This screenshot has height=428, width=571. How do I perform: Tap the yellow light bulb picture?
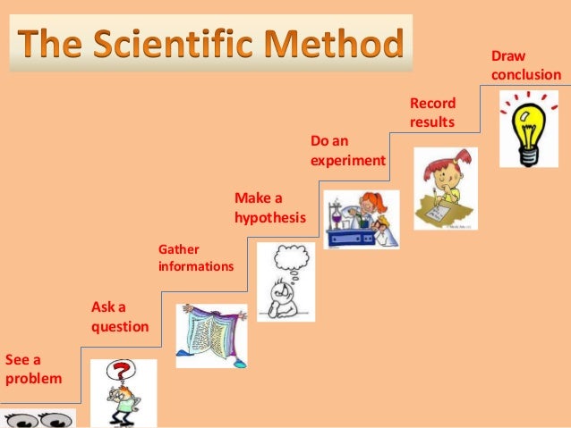(527, 132)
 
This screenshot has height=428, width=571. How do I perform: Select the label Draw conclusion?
(526, 65)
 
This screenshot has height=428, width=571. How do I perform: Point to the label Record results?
(432, 112)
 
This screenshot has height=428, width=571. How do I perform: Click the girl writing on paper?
(444, 189)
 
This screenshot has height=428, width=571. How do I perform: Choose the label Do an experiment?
(347, 151)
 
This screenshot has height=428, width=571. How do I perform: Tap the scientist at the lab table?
(360, 219)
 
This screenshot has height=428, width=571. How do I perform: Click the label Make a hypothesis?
(269, 206)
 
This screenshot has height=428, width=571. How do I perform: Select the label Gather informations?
(195, 257)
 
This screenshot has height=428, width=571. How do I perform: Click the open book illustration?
(211, 335)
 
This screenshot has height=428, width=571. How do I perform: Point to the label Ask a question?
(120, 316)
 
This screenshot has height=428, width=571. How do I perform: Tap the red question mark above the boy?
(125, 371)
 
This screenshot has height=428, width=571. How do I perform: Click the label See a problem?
(33, 368)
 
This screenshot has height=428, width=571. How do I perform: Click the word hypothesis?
(269, 217)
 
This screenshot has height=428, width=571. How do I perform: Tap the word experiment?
(347, 162)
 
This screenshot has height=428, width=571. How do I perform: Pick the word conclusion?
(526, 75)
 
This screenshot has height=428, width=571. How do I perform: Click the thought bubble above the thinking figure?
(289, 258)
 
